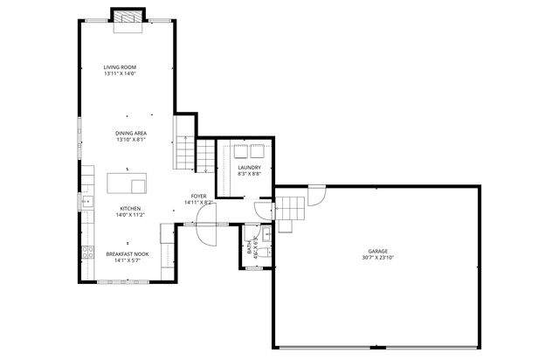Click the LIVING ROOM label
pos(120,67)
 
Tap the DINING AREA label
pos(130,133)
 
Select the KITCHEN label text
pos(129,209)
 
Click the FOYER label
pos(199,197)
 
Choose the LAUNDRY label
pos(250,167)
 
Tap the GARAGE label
pos(377,251)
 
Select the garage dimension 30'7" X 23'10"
pos(377,257)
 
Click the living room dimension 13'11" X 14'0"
pos(120,73)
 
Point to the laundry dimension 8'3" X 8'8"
pos(250,173)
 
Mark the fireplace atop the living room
pos(127,18)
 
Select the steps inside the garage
pos(292,210)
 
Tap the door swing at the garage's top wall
pos(316,194)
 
